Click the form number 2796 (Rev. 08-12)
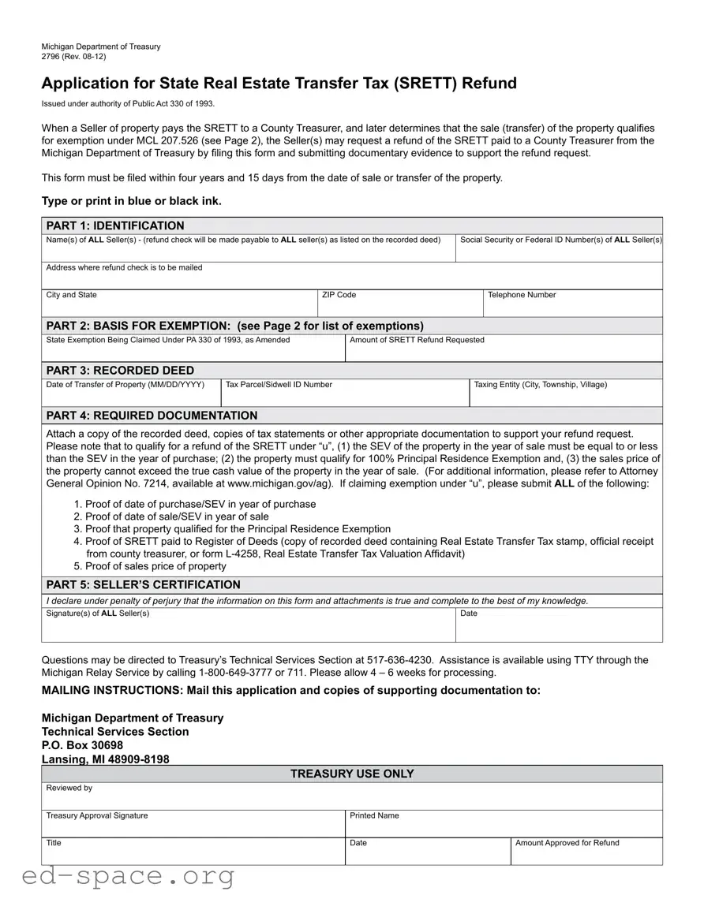coord(73,57)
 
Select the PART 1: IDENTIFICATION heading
coord(115,226)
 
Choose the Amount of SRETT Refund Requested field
coord(504,350)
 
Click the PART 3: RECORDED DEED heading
coord(120,371)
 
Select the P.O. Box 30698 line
coord(82,745)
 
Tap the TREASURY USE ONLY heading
coord(352,774)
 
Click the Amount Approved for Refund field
coord(586,853)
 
